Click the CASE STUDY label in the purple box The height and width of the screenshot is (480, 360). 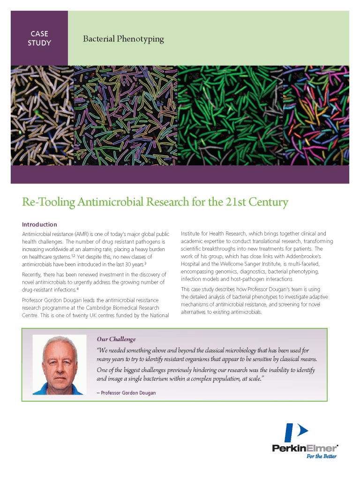click(40, 38)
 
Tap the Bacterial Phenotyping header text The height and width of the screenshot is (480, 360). click(123, 38)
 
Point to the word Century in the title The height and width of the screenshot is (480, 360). click(268, 203)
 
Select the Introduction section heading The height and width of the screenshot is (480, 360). click(39, 224)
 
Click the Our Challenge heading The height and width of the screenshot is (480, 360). click(116, 339)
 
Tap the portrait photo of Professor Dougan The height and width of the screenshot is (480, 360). click(60, 365)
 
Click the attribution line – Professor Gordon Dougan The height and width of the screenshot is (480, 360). click(126, 393)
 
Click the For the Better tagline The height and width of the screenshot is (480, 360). click(322, 456)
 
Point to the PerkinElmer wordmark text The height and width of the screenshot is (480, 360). click(305, 448)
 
